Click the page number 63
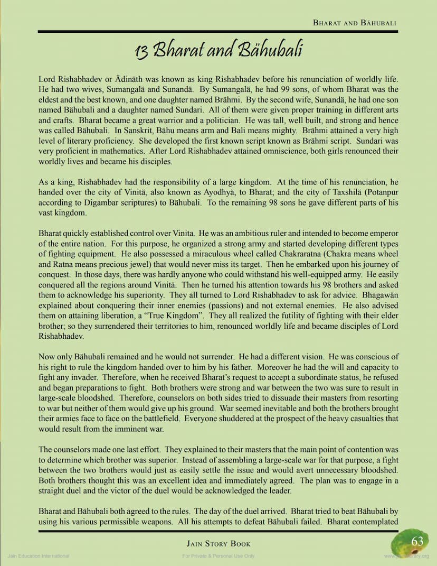click(x=417, y=542)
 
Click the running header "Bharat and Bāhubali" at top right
click(x=354, y=23)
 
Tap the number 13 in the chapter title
click(x=141, y=51)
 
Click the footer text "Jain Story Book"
click(x=218, y=543)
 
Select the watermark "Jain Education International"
click(x=38, y=556)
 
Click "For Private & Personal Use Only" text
click(x=218, y=556)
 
